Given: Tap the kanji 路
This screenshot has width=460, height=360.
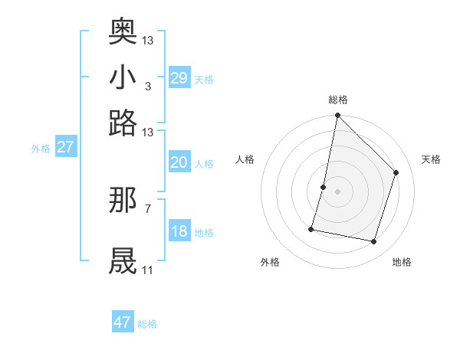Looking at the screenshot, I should pos(123,123).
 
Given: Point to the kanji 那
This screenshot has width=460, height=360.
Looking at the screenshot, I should pos(123,200).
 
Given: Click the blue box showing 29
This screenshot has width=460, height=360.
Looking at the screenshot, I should pos(179,77).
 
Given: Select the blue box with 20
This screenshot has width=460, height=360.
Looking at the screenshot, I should pos(179,162).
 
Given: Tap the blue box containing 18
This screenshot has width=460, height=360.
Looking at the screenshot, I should pos(179,231).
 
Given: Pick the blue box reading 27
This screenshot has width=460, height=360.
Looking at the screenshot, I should pos(65,147).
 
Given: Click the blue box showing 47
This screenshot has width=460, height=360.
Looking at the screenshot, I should pos(123,322).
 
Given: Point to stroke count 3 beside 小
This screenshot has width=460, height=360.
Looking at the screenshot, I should pos(147,86).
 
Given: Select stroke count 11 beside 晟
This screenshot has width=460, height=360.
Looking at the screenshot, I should pos(147,270).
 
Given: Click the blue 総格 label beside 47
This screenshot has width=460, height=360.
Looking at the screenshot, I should pos(148,324).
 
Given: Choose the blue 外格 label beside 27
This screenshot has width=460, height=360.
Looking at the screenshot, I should pos(41,149).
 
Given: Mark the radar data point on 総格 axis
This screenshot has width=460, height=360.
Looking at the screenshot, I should pos(337,116).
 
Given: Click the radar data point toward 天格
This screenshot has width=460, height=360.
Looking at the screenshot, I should pos(396,172).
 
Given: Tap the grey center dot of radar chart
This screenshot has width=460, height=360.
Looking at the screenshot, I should pos(337,191).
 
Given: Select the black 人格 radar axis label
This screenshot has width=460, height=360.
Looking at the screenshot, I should pos(245,159).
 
